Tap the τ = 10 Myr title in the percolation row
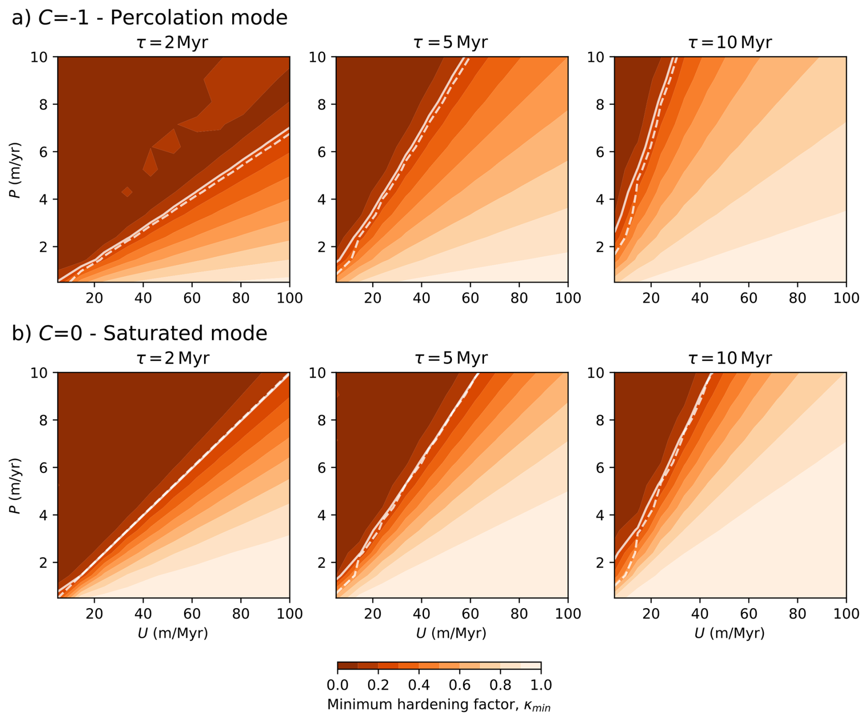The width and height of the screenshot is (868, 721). (x=729, y=43)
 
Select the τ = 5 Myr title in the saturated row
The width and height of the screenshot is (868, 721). (x=451, y=358)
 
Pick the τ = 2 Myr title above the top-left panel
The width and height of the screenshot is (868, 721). (x=172, y=43)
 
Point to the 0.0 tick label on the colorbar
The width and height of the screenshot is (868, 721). (x=337, y=685)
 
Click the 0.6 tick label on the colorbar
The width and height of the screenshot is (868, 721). (x=460, y=685)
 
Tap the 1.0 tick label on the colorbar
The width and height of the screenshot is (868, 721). (x=541, y=685)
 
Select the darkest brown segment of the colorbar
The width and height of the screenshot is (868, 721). (x=347, y=666)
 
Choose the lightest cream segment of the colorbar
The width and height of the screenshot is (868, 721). (x=531, y=666)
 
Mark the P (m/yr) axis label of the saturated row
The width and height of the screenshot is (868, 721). (x=16, y=486)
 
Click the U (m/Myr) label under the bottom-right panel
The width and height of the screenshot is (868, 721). (x=729, y=633)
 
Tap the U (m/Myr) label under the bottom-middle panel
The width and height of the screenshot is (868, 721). (x=451, y=633)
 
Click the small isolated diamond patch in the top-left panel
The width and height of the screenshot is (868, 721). (x=127, y=192)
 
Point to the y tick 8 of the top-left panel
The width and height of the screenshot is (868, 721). (x=44, y=105)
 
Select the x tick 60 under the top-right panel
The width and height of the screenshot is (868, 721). (x=748, y=298)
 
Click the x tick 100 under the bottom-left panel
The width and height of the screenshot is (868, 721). (x=289, y=614)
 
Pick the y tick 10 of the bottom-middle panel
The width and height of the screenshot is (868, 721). (x=317, y=373)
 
